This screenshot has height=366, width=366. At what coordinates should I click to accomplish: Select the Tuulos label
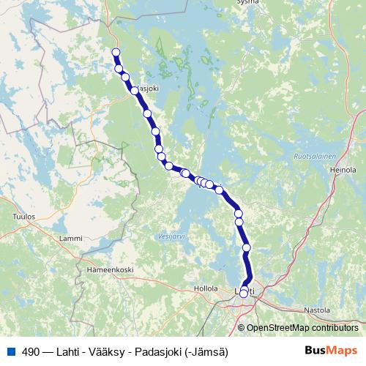click(24, 217)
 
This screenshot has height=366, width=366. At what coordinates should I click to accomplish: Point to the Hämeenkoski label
click(109, 269)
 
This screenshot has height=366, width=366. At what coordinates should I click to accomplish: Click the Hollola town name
click(206, 288)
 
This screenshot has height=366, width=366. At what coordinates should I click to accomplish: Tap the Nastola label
click(318, 310)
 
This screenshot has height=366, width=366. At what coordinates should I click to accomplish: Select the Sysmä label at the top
click(248, 2)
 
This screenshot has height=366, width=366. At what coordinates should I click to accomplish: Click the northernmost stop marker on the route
click(116, 52)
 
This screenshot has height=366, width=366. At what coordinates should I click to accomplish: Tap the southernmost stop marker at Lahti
click(244, 294)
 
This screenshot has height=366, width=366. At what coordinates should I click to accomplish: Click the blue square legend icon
click(10, 352)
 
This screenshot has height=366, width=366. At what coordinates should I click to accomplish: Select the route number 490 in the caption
click(31, 352)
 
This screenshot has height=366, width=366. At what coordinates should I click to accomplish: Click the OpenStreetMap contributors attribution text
click(302, 328)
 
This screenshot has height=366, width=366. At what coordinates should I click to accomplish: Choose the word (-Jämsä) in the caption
click(208, 352)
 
